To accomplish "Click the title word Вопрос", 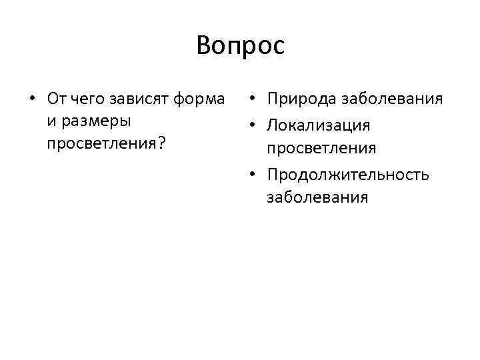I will (x=240, y=45).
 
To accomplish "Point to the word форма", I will (x=198, y=99).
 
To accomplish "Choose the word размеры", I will (x=95, y=122).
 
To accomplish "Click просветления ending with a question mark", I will (x=103, y=143).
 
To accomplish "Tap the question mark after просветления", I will (x=162, y=143).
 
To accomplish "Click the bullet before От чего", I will (x=31, y=99).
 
